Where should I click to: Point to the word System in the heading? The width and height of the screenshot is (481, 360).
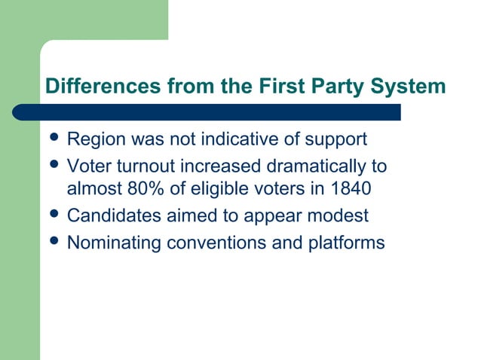coord(412,87)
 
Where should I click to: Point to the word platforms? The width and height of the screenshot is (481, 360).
coord(346,243)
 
